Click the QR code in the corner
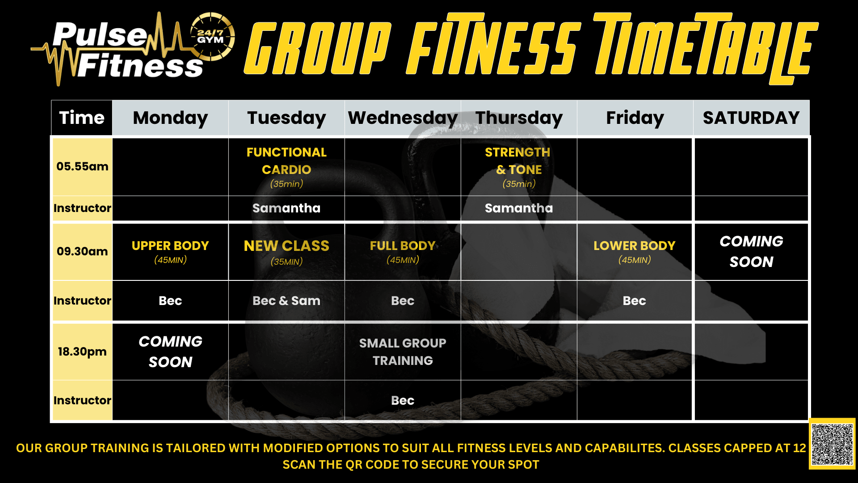832,444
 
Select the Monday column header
170,118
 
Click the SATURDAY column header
751,118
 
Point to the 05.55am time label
82,166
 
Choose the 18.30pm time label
82,352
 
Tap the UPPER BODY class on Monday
170,252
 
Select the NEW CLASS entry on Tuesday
286,252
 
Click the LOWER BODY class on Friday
634,252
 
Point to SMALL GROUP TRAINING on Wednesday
403,352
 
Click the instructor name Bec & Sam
286,301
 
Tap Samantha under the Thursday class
519,208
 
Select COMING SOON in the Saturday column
751,251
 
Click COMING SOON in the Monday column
170,352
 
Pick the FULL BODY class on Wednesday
403,252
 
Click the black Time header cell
82,118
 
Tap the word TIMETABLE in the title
706,47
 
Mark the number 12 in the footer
799,448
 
